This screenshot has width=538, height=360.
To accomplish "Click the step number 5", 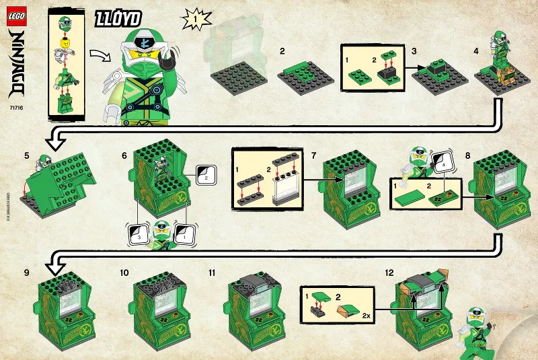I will (26, 155).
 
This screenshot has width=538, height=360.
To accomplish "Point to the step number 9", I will (26, 273).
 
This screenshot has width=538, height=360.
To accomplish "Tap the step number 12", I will (389, 273).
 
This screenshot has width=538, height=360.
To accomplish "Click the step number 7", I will (314, 155).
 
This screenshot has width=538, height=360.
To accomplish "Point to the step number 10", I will (124, 273).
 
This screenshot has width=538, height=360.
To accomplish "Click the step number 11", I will (213, 273).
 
